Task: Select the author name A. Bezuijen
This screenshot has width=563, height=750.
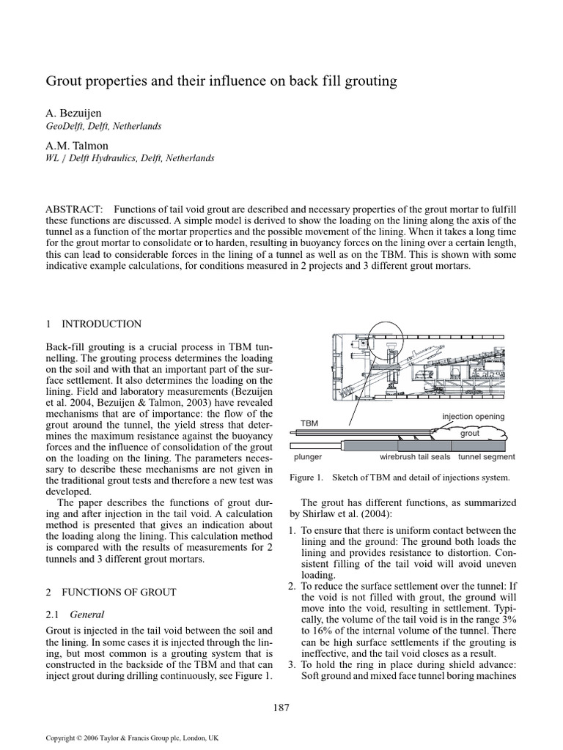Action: coord(75,114)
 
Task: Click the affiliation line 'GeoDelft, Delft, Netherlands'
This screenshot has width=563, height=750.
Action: coord(103,126)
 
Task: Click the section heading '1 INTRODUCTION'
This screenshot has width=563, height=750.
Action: coord(93,324)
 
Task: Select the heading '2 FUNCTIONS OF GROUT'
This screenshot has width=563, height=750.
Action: coord(110,592)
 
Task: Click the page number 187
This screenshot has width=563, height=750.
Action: coord(281,708)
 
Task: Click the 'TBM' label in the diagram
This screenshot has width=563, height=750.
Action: coord(310,423)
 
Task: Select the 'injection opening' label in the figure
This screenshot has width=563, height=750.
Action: coord(473,417)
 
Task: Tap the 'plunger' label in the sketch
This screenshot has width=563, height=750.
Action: coord(308,457)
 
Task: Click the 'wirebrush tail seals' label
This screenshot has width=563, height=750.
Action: coord(416,457)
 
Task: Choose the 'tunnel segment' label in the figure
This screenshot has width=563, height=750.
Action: coord(487,457)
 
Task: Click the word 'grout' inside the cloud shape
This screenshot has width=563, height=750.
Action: coord(469,433)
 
